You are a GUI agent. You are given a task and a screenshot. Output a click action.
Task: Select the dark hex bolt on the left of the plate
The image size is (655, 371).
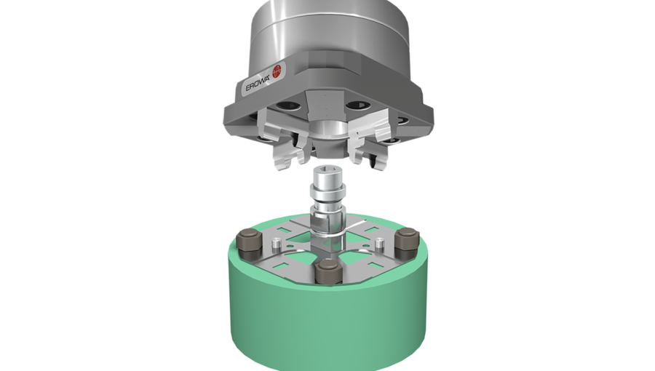coord(249,239)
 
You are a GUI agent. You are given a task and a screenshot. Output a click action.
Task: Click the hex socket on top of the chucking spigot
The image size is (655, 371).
coord(326,175)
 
